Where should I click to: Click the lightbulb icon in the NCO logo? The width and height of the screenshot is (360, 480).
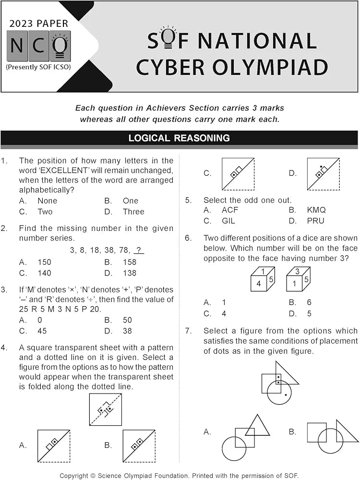click(x=60, y=46)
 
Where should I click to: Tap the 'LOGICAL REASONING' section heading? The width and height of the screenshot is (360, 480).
click(x=179, y=138)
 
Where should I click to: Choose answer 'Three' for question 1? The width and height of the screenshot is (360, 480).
click(x=133, y=212)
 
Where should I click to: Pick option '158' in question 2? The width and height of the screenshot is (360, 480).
click(x=130, y=262)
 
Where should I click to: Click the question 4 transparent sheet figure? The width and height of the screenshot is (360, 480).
click(x=105, y=409)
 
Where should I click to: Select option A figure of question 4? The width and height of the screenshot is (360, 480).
click(x=54, y=446)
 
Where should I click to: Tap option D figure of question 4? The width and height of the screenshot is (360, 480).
click(x=323, y=174)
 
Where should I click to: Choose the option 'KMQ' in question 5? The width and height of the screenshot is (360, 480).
click(x=316, y=210)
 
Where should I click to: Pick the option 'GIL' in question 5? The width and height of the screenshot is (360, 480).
click(x=228, y=221)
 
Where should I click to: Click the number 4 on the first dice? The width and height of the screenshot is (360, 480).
click(x=258, y=284)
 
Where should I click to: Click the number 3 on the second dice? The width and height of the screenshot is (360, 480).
click(x=297, y=272)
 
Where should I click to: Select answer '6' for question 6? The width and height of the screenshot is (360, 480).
click(x=309, y=302)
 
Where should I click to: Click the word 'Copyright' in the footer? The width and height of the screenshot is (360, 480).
click(x=76, y=475)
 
